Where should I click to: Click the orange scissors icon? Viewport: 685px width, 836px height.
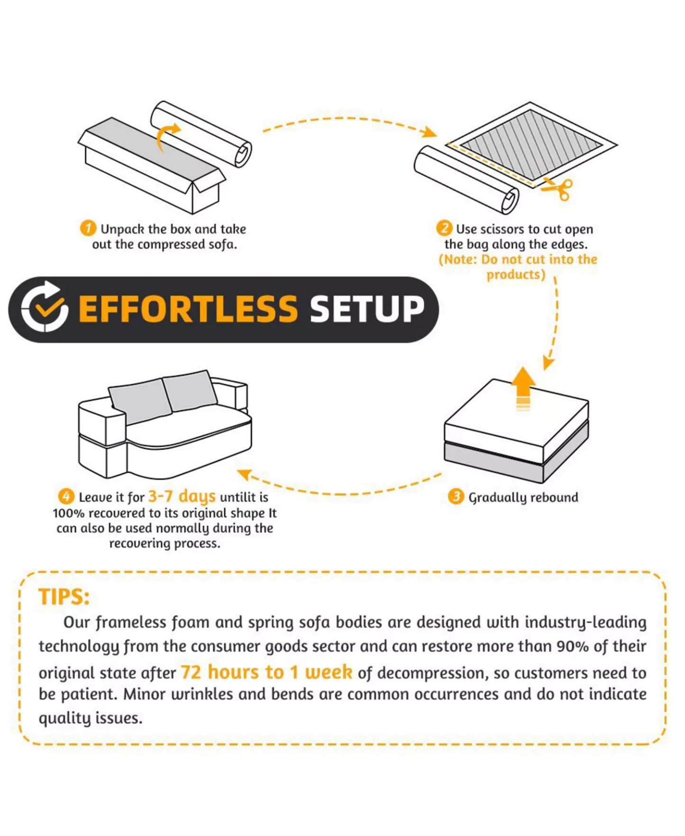558,189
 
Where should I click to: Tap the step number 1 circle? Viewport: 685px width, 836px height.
88,228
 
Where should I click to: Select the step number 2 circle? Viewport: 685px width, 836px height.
444,228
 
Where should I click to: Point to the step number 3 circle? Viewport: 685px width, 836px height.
456,496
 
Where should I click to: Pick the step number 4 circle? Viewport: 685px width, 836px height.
66,496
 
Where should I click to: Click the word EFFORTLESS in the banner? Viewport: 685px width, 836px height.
188,309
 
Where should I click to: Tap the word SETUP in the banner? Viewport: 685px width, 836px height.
367,309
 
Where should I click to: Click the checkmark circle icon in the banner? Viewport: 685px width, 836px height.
44,307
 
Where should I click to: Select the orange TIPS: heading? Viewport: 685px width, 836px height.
64,597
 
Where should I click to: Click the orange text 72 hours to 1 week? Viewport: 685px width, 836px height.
266,672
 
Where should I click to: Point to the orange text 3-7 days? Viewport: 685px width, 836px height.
182,496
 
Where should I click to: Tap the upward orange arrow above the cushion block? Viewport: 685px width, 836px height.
523,388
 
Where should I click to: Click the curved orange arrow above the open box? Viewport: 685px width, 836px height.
166,137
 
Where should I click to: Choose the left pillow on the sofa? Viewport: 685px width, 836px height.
140,401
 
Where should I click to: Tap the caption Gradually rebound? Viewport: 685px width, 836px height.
523,497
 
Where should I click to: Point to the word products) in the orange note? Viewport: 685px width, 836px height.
516,274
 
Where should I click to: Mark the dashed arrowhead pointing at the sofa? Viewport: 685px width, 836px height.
244,474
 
